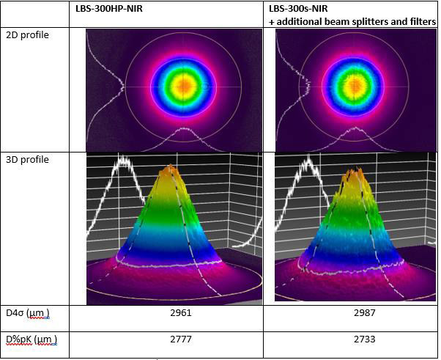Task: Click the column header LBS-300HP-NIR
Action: point(120,10)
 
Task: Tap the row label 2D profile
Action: point(27,35)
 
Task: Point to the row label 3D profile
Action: point(27,159)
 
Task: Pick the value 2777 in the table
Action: point(174,339)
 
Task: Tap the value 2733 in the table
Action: point(349,339)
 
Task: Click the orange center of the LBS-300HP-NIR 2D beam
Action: point(184,85)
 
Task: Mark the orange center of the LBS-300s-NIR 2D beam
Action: point(354,85)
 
